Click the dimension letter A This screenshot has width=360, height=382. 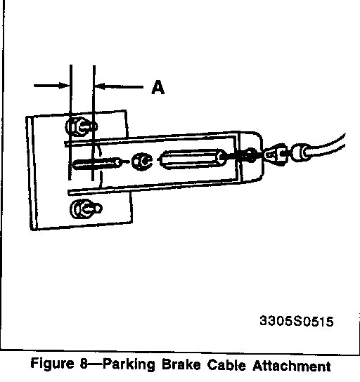(x=158, y=87)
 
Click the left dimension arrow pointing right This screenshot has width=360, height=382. (x=52, y=86)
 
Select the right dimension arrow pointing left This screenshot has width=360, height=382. (x=119, y=86)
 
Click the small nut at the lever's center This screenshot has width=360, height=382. (x=142, y=162)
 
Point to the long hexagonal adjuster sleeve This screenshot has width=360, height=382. (x=193, y=159)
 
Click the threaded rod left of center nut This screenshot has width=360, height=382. (x=97, y=164)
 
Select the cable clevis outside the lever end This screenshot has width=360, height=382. (x=276, y=154)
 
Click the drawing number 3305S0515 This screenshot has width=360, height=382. (x=296, y=321)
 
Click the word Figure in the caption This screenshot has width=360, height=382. (x=52, y=364)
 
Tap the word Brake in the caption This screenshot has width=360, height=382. (x=181, y=364)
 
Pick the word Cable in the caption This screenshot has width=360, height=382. (x=226, y=365)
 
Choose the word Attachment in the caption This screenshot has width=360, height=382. (x=292, y=366)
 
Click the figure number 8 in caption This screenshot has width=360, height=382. (x=84, y=364)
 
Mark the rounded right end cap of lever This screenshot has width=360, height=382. (x=251, y=157)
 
